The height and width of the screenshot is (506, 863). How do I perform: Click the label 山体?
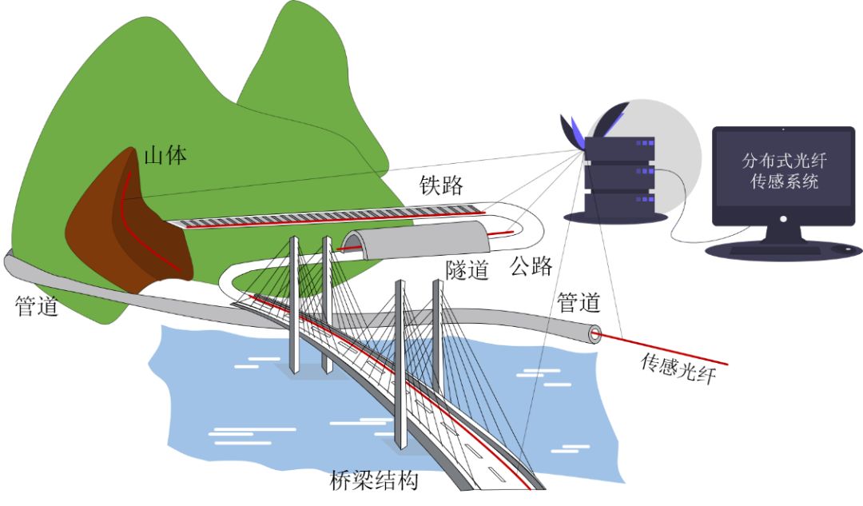point(165,155)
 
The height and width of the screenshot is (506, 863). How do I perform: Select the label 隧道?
point(467,270)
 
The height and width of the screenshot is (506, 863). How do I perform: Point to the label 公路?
point(531,266)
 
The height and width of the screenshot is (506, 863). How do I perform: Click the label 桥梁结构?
point(374,481)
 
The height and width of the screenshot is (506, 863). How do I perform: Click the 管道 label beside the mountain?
point(37,306)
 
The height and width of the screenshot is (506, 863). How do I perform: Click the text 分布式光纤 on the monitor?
point(783,160)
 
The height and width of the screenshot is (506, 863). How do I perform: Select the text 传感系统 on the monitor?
point(783,181)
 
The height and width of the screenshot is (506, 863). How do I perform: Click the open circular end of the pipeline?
point(594,333)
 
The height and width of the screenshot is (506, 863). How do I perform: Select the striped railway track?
point(336,218)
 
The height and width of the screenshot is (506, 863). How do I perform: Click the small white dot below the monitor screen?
point(782,217)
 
